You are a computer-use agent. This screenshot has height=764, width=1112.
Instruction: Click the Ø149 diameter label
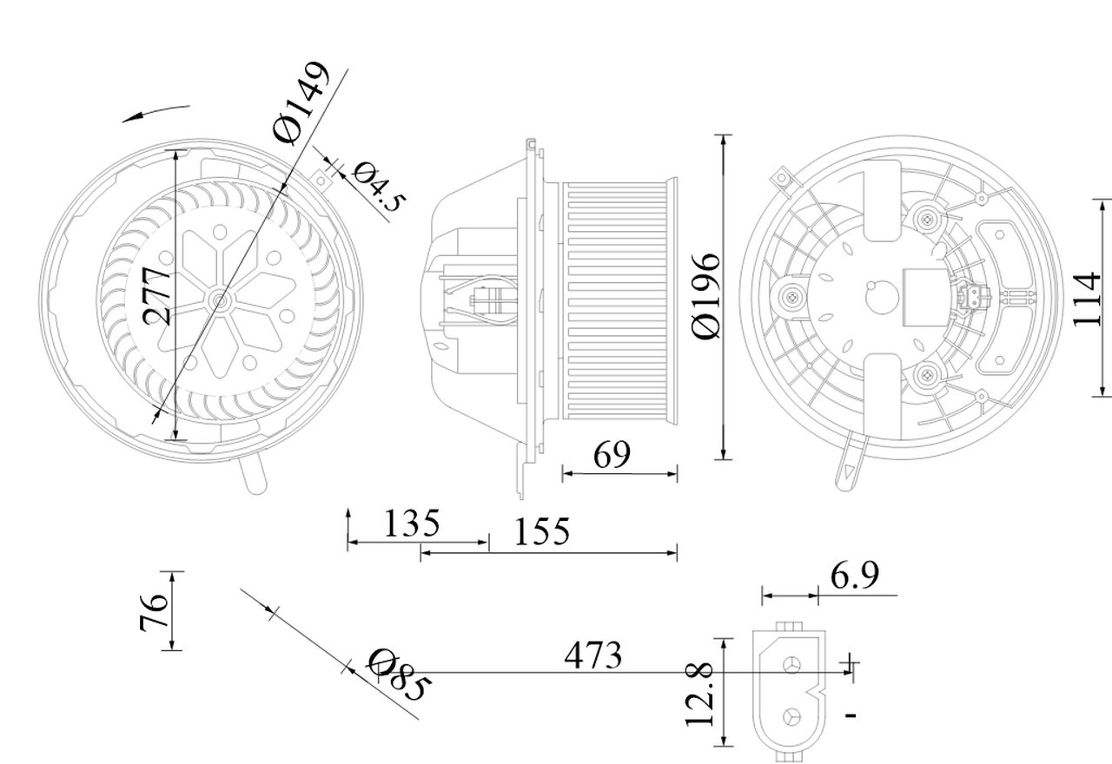301,103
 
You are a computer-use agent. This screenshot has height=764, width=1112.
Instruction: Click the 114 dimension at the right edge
1087,299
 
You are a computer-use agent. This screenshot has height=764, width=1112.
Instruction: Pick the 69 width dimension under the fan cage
612,454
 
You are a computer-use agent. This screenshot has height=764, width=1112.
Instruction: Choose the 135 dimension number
412,524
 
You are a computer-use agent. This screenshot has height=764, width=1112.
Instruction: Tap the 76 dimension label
154,612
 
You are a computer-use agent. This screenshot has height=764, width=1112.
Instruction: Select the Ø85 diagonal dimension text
398,675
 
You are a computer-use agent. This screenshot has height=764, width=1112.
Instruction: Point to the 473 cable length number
592,655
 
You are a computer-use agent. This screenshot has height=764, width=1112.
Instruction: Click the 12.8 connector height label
700,693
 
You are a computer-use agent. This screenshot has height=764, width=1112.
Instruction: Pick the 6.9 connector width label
855,575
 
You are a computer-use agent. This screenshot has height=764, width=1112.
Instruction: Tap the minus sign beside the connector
851,715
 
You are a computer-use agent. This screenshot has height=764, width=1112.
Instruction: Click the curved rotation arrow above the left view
156,112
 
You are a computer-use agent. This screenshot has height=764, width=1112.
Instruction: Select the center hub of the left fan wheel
219,300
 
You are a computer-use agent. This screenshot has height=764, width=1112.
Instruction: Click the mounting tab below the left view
254,477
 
